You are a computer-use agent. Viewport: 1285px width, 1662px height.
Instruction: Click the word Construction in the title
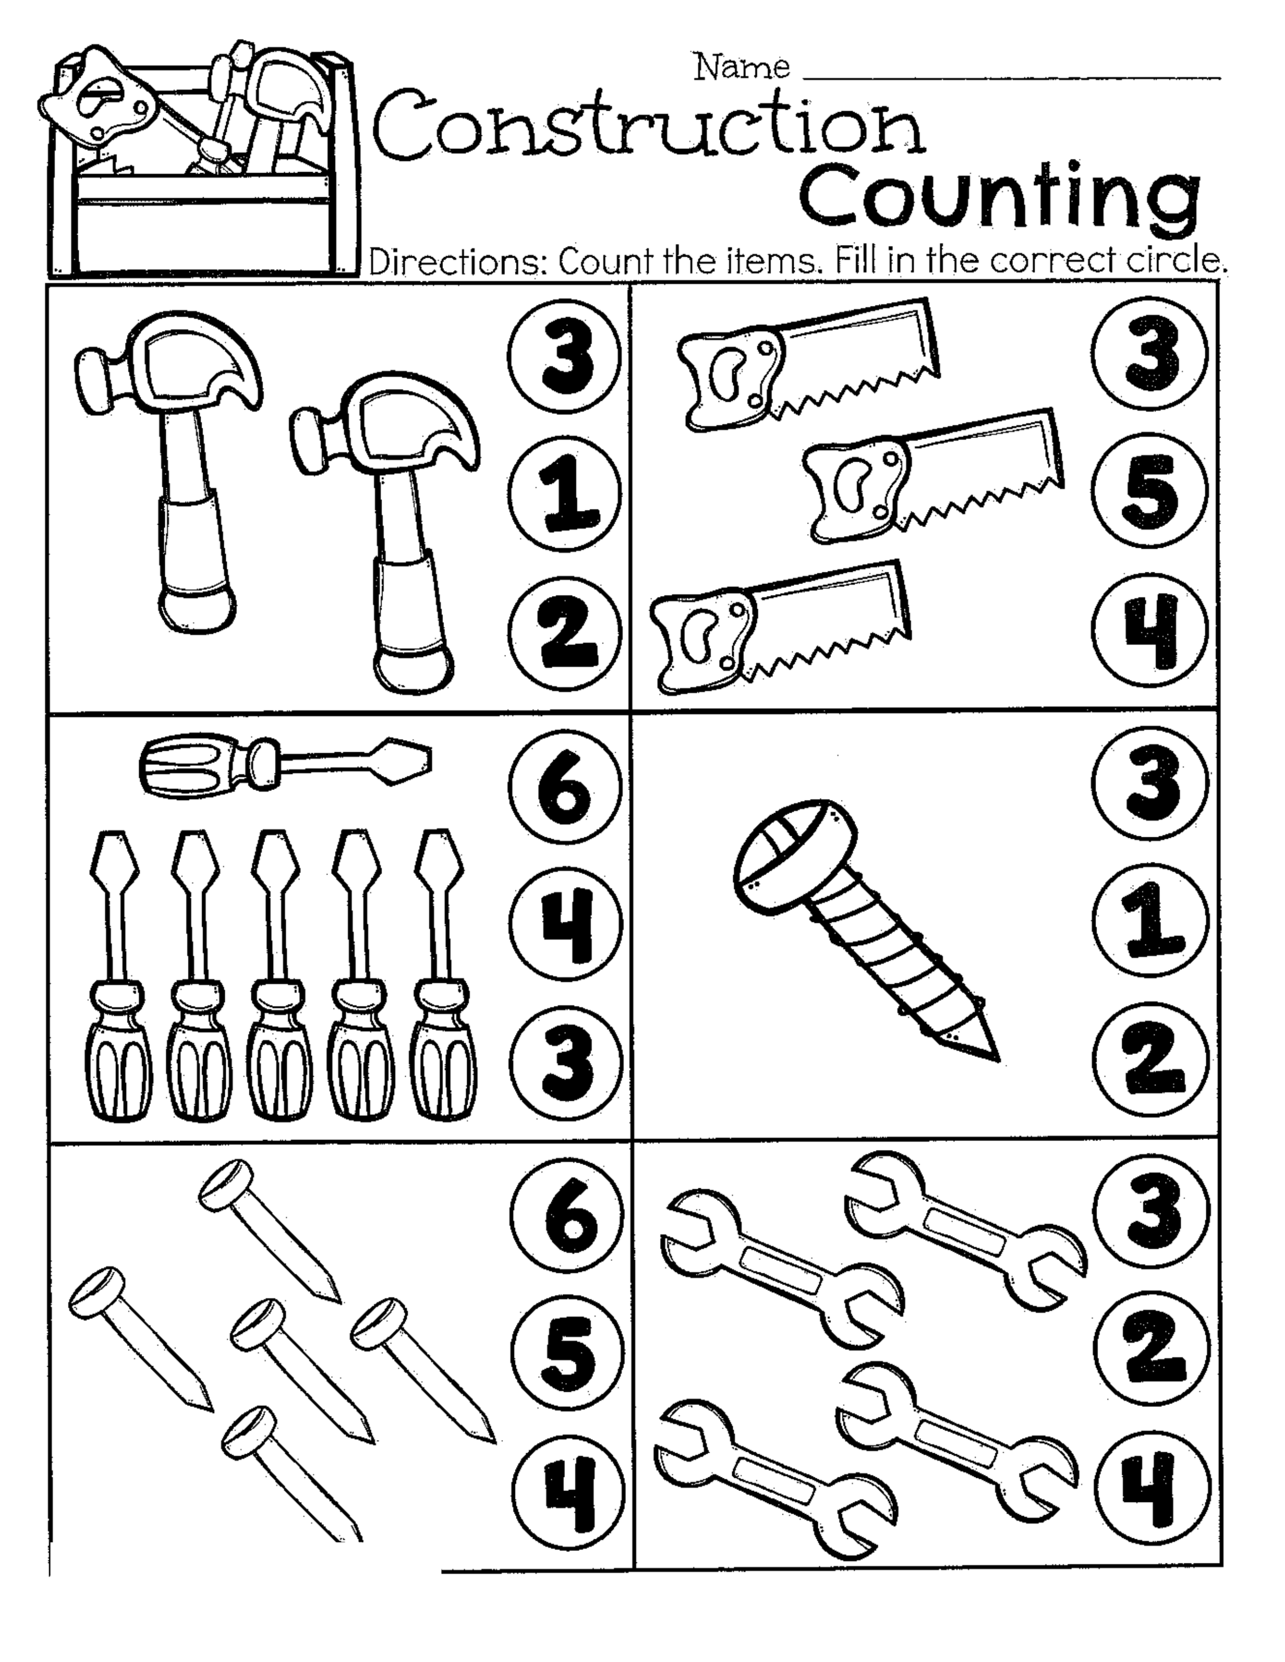649,130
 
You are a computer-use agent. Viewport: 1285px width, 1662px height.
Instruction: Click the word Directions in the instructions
458,262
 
